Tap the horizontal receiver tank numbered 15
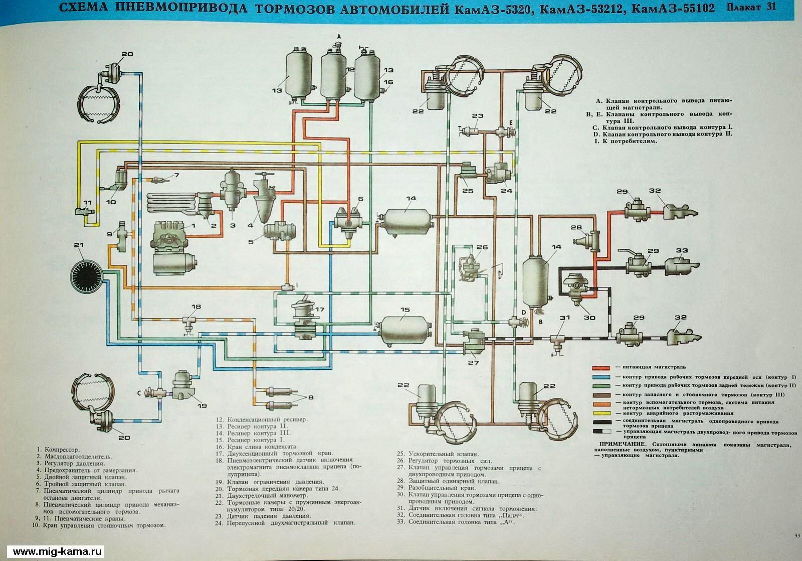click(405, 331)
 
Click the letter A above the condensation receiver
click(339, 37)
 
